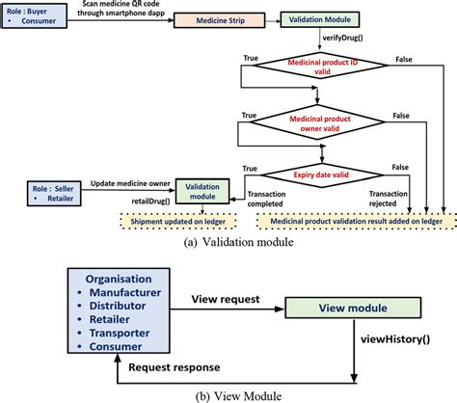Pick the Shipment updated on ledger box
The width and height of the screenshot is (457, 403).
point(189,217)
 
